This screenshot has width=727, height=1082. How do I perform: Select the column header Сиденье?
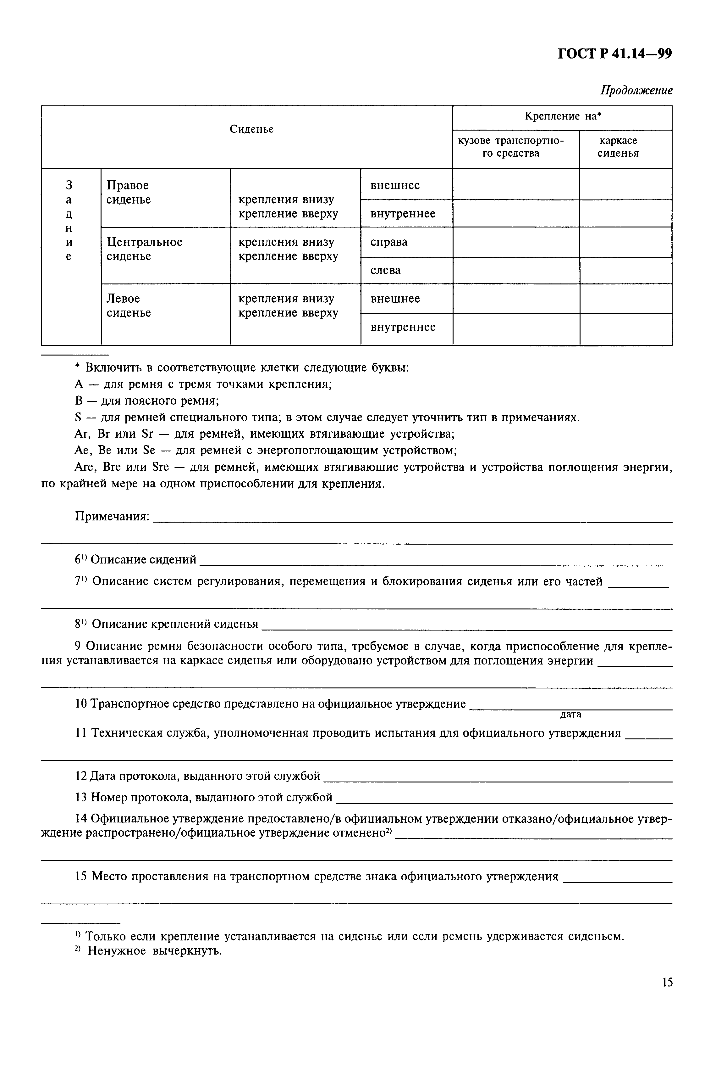click(251, 129)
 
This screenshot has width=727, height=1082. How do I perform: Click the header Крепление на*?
click(562, 116)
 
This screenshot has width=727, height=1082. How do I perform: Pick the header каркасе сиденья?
click(618, 147)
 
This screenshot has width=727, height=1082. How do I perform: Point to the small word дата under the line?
click(570, 714)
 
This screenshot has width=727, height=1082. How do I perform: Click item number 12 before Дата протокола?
click(81, 776)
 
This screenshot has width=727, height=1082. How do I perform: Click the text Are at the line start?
click(84, 467)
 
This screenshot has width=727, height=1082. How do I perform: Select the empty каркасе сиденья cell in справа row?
click(625, 242)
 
